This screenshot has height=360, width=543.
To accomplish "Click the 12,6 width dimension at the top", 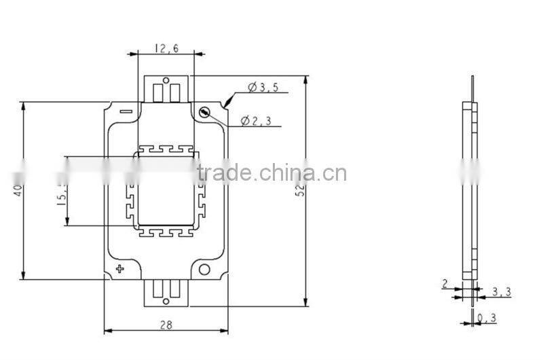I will (x=166, y=48).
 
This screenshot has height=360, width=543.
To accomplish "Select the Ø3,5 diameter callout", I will (x=263, y=87).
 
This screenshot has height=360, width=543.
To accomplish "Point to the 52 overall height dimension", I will (x=299, y=191).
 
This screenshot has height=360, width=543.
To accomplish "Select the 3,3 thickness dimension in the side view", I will (x=501, y=293).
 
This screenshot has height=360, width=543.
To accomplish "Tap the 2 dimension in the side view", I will (x=445, y=284).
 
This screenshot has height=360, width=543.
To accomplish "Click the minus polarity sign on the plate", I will (x=125, y=111).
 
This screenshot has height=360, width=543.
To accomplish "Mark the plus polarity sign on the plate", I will (x=121, y=270).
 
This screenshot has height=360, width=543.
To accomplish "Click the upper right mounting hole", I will (x=203, y=112).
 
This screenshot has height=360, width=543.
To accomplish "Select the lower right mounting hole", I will (x=204, y=270).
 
